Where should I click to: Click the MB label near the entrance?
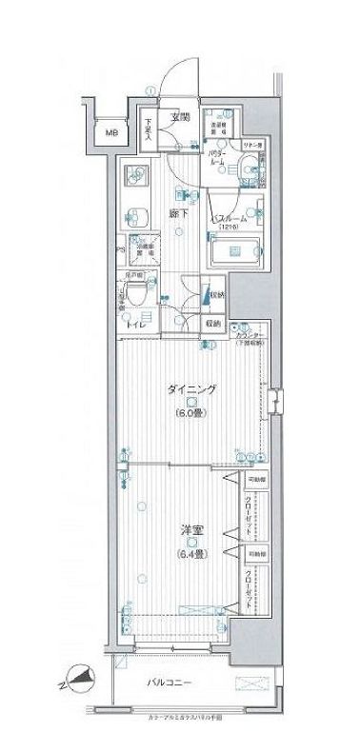[111, 135]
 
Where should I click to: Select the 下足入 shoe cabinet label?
[150, 127]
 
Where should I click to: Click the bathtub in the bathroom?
[235, 252]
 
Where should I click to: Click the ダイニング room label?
[192, 388]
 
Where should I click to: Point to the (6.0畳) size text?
[192, 413]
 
